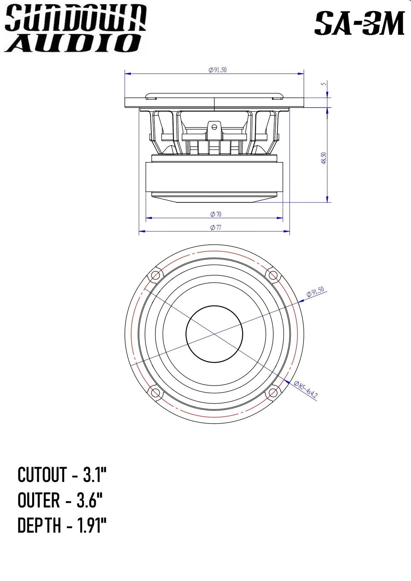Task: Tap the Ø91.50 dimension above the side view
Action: (x=217, y=70)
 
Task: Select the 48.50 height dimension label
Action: (x=324, y=158)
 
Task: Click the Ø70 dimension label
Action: (x=216, y=214)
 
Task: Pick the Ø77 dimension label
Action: (x=216, y=227)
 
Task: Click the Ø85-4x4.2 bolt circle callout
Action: (x=306, y=390)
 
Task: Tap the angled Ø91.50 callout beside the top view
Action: (x=315, y=292)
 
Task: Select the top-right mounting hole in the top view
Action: (x=273, y=275)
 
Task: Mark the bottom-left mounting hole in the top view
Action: (x=155, y=393)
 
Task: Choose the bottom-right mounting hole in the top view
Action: (x=273, y=393)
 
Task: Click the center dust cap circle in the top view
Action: (x=214, y=334)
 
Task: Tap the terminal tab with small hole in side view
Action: (x=214, y=127)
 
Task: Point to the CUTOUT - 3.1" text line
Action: (x=62, y=475)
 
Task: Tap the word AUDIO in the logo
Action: (x=74, y=43)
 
